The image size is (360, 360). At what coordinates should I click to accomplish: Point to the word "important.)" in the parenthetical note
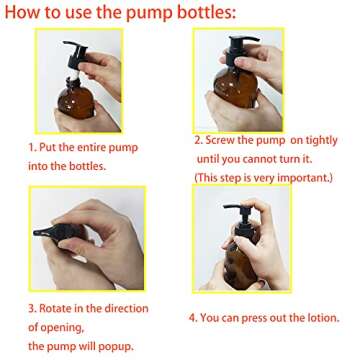pyautogui.click(x=303, y=176)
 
